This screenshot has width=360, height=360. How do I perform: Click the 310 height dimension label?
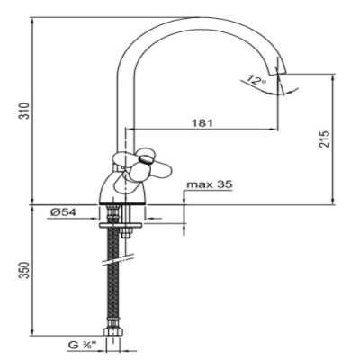(x=25, y=111)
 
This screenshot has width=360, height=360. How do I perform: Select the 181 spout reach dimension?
(x=202, y=122)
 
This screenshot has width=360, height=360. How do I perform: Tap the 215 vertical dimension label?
(x=324, y=139)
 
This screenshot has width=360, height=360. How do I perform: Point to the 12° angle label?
(x=257, y=80)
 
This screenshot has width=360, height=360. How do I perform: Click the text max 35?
(x=210, y=184)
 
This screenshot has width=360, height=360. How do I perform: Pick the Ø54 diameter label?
(x=63, y=212)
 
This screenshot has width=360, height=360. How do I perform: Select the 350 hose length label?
(x=25, y=270)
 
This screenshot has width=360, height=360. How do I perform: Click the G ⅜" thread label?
(x=81, y=346)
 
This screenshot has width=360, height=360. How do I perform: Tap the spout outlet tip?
(x=278, y=73)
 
